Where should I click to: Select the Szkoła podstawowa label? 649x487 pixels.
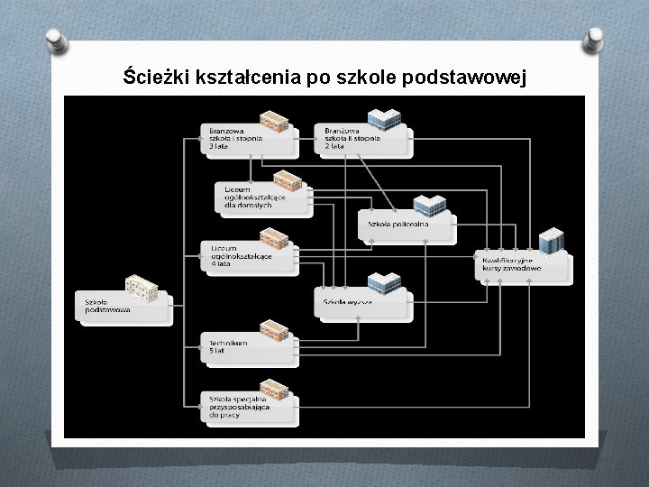(x=107, y=306)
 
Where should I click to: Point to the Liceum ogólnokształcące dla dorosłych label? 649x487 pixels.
(x=248, y=197)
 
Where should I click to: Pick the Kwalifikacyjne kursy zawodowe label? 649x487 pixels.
(x=510, y=265)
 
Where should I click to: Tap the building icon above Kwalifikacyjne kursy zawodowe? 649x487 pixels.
(x=550, y=241)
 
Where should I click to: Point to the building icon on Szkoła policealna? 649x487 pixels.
(x=429, y=207)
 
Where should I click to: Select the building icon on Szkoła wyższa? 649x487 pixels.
(x=385, y=282)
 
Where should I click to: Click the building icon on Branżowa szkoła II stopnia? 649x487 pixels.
(x=387, y=119)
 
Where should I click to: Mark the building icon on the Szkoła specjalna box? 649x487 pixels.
(x=273, y=389)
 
